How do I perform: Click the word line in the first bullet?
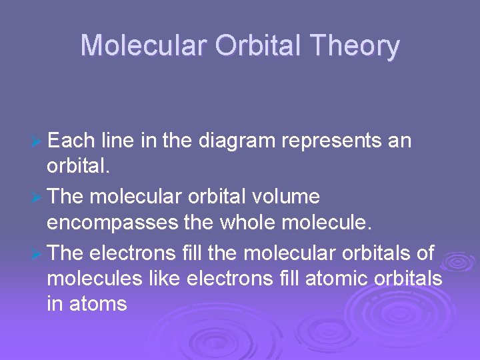(x=117, y=141)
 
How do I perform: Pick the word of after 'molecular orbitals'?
(x=425, y=253)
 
